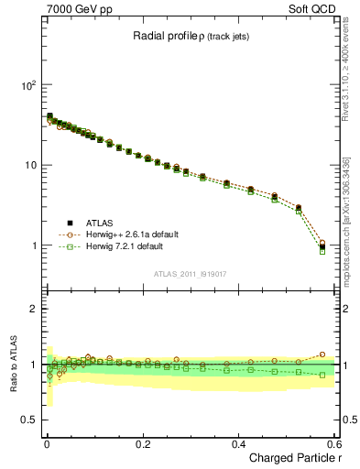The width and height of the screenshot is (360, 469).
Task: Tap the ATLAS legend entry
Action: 101,223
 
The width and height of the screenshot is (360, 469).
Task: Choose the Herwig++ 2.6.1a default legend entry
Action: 131,234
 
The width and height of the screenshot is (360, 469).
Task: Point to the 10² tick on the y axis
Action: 27,85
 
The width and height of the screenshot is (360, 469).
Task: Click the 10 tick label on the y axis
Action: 29,165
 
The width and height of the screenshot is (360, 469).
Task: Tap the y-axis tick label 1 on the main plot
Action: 33,245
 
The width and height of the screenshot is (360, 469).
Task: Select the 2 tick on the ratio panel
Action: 33,309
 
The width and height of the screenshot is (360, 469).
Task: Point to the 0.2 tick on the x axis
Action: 142,443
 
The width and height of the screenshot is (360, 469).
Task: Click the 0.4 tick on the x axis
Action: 238,443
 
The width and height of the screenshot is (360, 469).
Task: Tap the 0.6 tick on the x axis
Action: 333,443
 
